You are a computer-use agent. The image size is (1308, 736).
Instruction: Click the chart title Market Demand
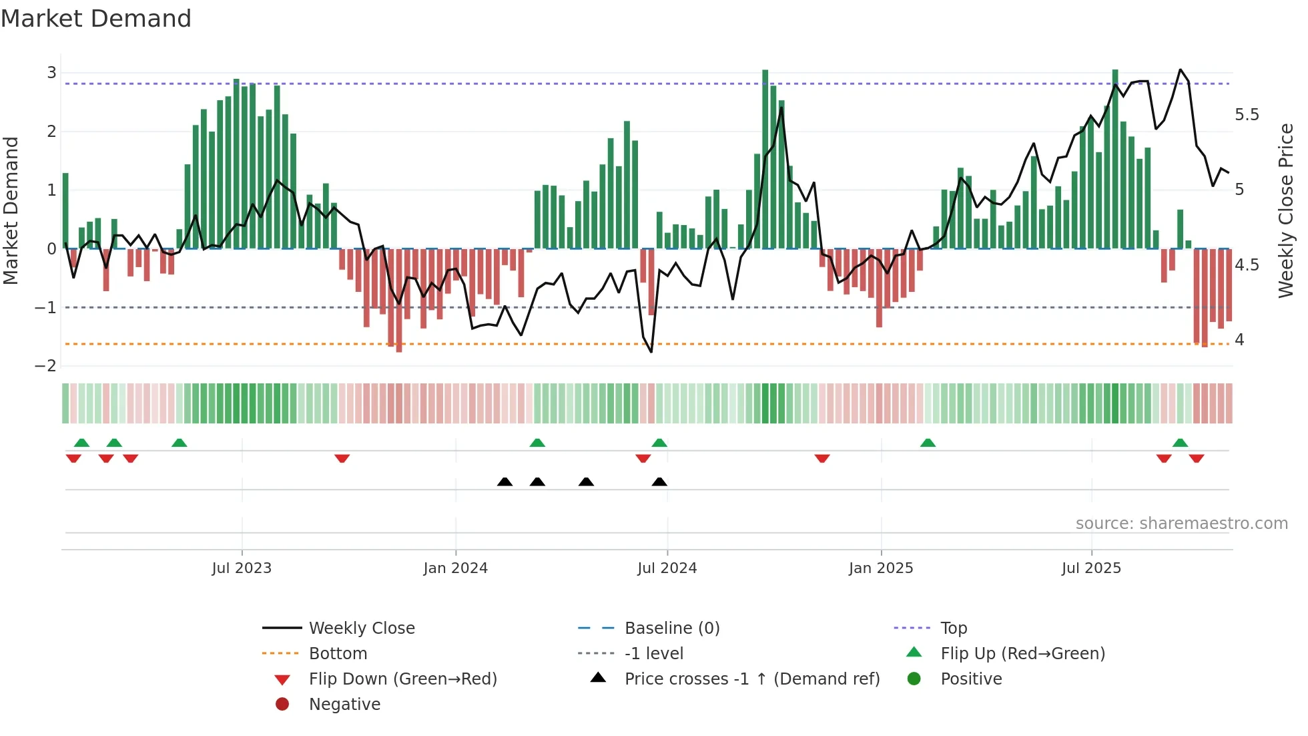(x=96, y=19)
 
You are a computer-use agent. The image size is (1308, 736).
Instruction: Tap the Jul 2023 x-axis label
(x=242, y=568)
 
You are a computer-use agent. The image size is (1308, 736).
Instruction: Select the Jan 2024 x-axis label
(x=455, y=568)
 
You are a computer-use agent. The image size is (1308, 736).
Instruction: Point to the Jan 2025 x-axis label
(x=881, y=568)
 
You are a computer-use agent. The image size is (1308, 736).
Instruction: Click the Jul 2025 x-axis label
(x=1091, y=568)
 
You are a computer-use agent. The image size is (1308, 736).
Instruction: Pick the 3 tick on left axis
(x=51, y=73)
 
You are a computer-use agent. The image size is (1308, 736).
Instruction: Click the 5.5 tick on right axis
(x=1247, y=115)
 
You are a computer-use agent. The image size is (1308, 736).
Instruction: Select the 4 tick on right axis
(x=1239, y=340)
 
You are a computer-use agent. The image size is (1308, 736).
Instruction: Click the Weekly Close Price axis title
(x=1285, y=210)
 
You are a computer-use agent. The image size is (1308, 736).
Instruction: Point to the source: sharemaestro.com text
(x=1181, y=524)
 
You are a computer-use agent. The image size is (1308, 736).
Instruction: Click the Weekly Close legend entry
(x=361, y=628)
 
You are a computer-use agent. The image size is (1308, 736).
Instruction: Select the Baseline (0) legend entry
(x=671, y=628)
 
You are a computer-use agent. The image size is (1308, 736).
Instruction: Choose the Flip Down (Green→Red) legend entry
(x=402, y=679)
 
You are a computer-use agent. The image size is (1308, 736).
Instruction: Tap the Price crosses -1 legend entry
(x=751, y=679)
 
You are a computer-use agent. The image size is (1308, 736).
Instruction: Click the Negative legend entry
(x=344, y=705)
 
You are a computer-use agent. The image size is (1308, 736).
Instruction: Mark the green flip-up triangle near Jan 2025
(x=928, y=443)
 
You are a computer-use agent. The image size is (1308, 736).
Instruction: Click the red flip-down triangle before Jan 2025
(x=822, y=458)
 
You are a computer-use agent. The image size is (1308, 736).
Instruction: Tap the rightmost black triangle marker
(x=659, y=482)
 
